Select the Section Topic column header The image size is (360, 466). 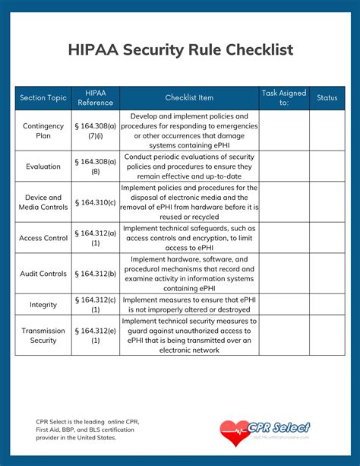(x=43, y=98)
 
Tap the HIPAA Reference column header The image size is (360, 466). (x=96, y=98)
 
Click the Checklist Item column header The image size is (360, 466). (x=189, y=98)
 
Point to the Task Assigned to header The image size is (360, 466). (x=284, y=98)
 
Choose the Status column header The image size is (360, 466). (x=327, y=98)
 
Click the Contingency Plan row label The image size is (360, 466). (x=43, y=131)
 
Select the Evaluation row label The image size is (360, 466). (x=43, y=166)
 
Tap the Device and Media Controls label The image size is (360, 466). (x=43, y=202)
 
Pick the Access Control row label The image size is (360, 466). (x=43, y=238)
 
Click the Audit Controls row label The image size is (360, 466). (x=43, y=274)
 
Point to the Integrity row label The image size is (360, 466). (x=43, y=305)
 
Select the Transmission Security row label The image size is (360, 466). (x=43, y=336)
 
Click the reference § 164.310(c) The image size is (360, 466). (x=96, y=202)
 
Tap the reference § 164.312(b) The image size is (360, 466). (x=96, y=274)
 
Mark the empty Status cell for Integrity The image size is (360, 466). (x=327, y=305)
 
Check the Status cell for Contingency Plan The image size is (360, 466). (x=327, y=131)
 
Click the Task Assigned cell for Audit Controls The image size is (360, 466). (x=284, y=274)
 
